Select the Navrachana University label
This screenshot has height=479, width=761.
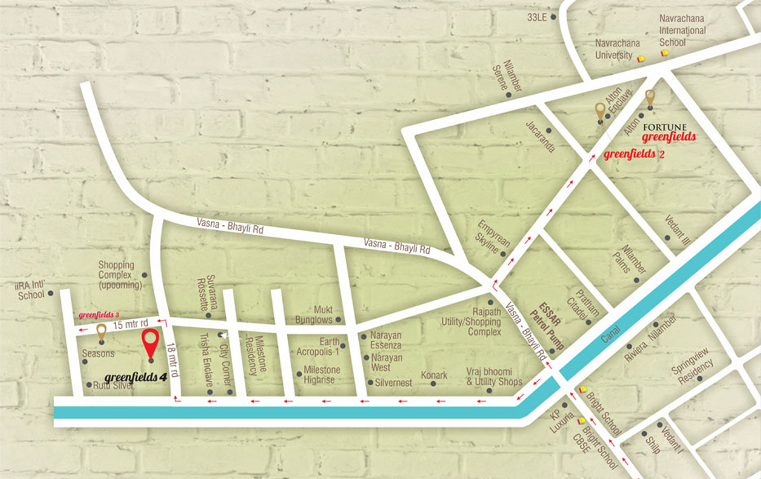[613, 49]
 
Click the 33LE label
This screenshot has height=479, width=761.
[537, 17]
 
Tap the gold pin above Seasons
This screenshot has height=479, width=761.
[101, 331]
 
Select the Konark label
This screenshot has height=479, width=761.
[434, 376]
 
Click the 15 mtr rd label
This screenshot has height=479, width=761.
[131, 324]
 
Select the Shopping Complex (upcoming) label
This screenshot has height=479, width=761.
[116, 275]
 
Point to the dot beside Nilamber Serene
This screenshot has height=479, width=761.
[509, 95]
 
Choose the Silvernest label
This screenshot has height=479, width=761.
[393, 383]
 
